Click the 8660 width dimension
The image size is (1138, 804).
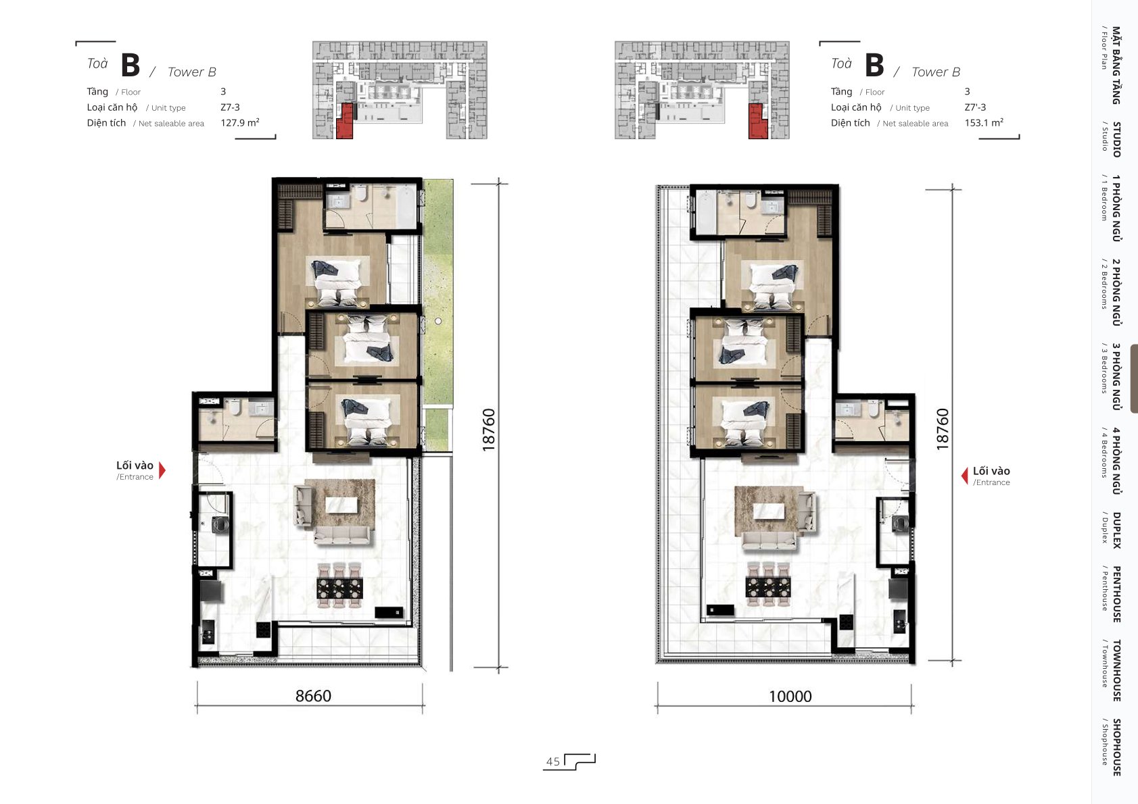(x=313, y=695)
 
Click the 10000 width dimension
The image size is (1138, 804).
(x=790, y=697)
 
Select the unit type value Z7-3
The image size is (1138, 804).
(x=230, y=107)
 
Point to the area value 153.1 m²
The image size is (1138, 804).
(x=984, y=122)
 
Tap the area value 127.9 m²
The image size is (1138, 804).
(x=240, y=122)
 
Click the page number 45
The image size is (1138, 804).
(x=552, y=761)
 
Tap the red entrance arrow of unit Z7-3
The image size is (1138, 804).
(x=162, y=470)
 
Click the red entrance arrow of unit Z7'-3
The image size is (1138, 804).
(x=964, y=476)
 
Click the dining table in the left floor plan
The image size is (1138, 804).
(x=339, y=588)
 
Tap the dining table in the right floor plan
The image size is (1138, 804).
(x=768, y=586)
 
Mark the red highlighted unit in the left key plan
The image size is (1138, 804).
(x=345, y=121)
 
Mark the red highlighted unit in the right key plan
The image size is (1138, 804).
(x=757, y=121)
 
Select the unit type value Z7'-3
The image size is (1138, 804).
(x=975, y=107)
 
